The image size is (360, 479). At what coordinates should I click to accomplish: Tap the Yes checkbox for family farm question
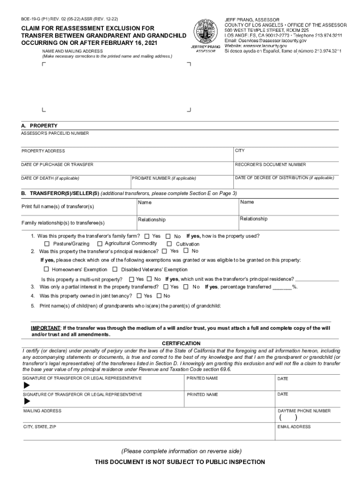147,236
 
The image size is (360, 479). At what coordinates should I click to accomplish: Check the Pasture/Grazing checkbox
47,244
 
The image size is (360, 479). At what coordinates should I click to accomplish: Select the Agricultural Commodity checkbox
100,244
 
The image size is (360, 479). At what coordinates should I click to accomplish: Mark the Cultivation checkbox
170,244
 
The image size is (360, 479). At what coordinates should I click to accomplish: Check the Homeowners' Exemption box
46,269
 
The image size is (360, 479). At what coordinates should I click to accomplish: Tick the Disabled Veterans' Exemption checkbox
115,269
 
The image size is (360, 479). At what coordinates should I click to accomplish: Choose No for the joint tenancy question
159,296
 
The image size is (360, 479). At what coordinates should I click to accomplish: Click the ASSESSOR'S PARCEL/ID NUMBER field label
55,133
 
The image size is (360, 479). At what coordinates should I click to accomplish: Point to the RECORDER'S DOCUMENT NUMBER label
270,165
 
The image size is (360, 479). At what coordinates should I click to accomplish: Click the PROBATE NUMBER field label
164,178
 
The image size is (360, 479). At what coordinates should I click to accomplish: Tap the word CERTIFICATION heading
181,343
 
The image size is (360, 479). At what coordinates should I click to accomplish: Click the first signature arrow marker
27,385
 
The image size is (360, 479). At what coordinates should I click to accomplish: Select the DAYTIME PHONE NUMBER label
304,411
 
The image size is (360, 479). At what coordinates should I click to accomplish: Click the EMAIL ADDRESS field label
294,427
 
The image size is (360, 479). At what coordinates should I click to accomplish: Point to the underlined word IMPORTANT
46,328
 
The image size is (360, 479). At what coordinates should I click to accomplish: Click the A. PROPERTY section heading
39,126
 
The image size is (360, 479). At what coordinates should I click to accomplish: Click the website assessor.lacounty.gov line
256,46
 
